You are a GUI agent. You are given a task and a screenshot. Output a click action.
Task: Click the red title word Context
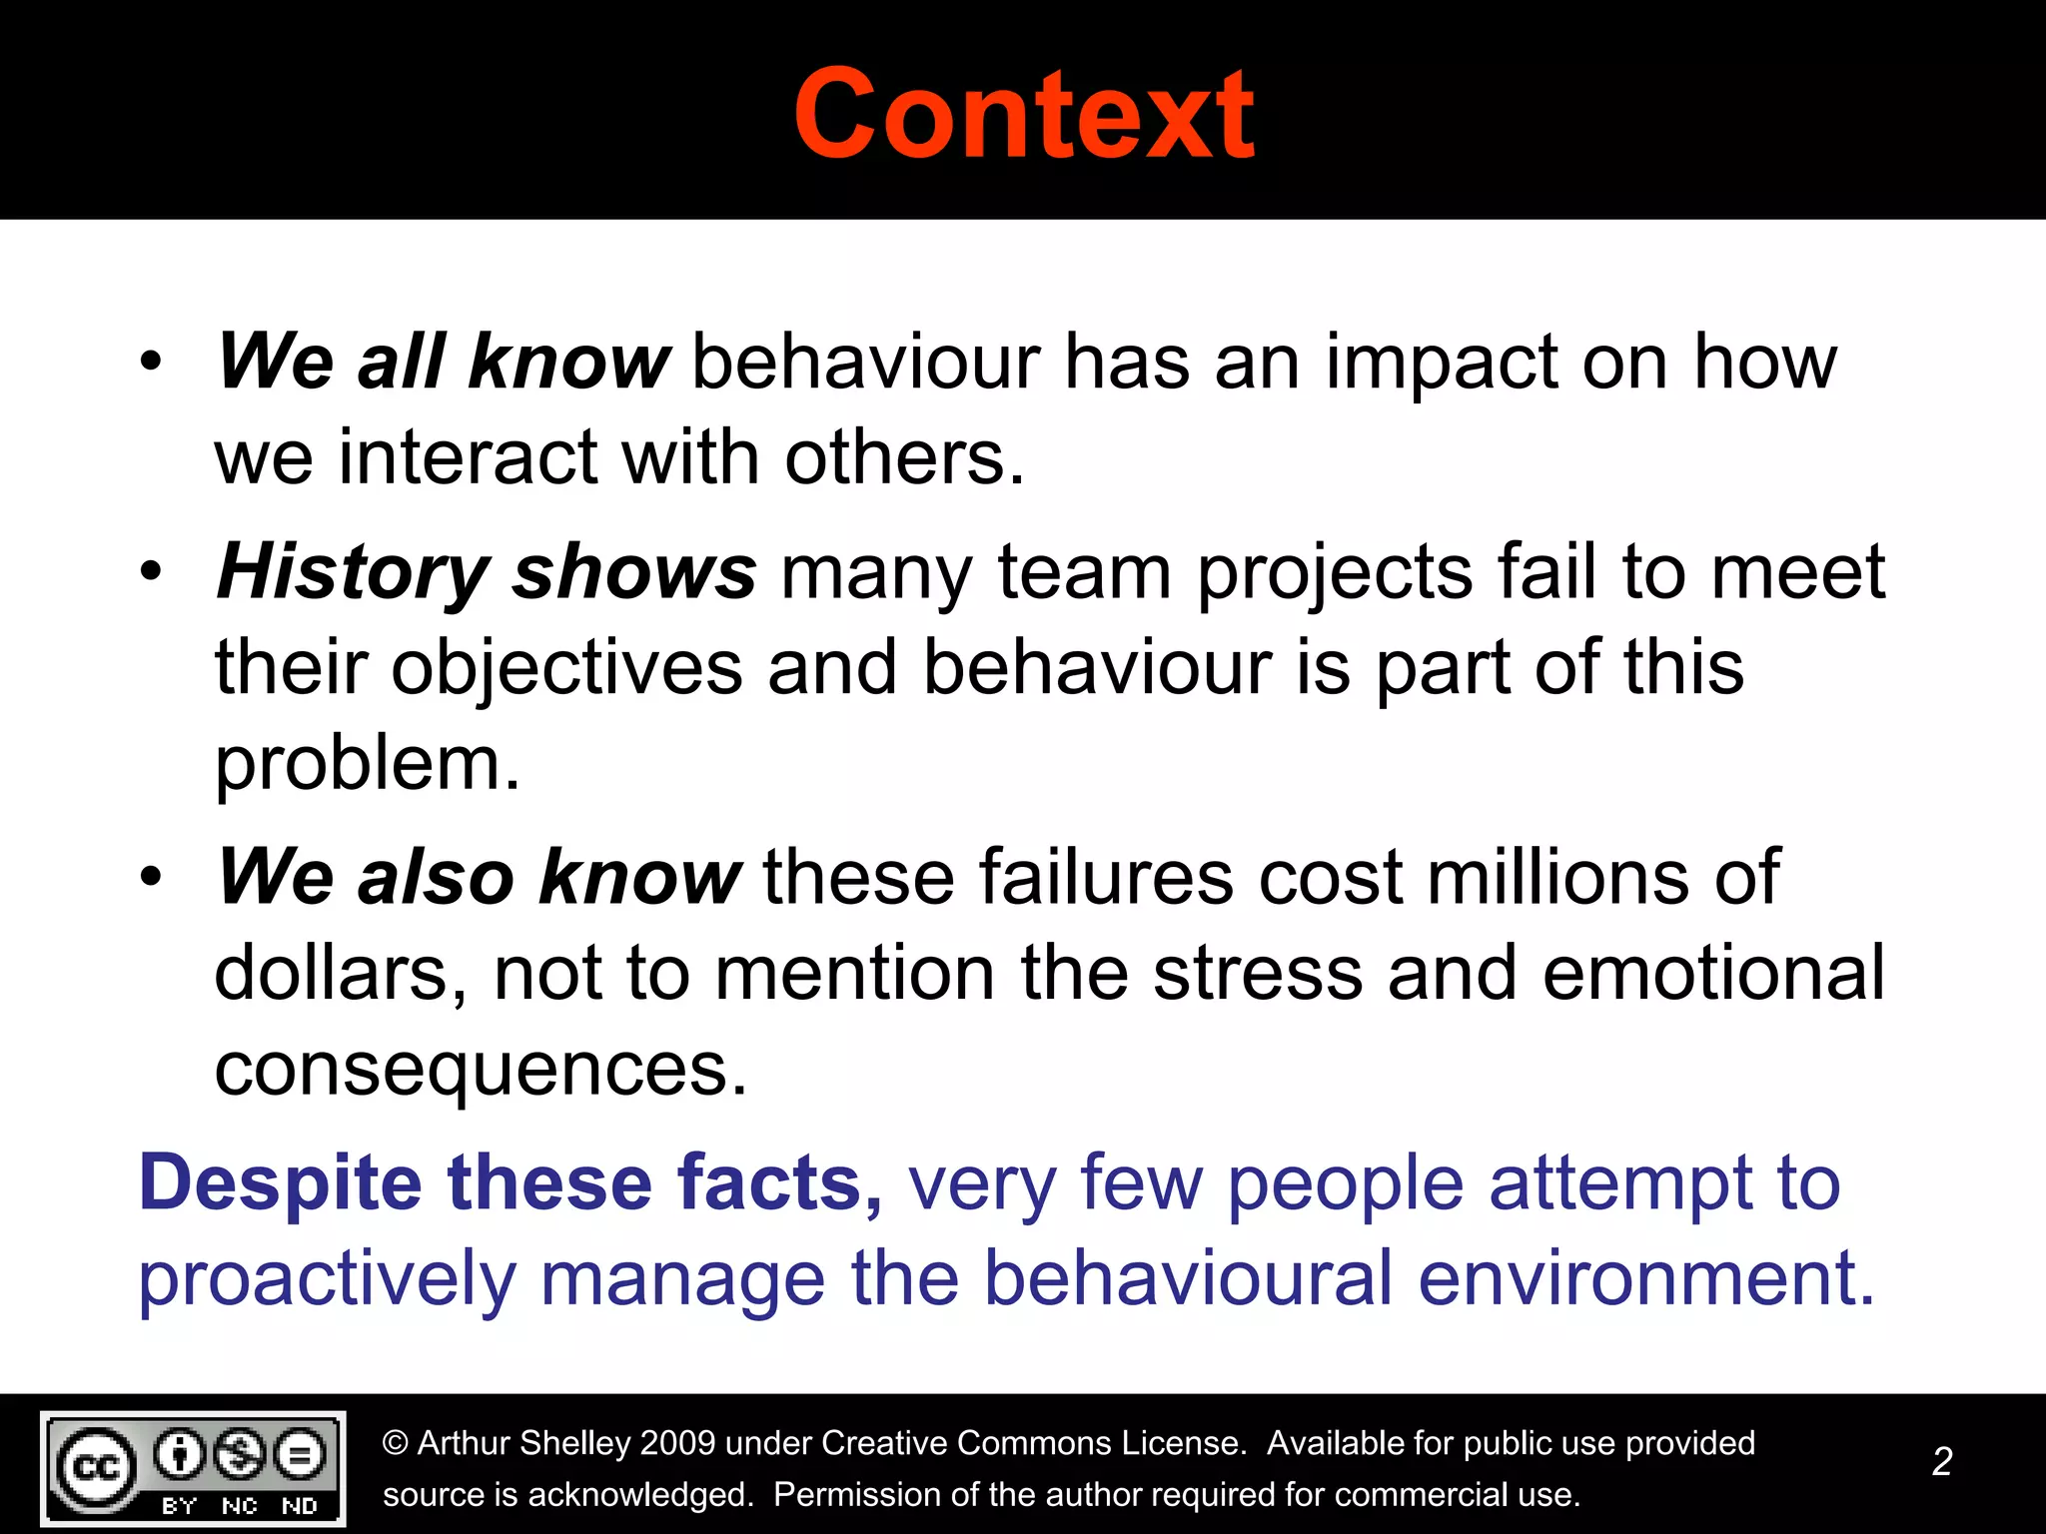coord(1023,114)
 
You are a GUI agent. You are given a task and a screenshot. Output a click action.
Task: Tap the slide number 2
coord(1942,1461)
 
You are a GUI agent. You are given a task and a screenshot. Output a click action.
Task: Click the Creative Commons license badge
coord(193,1468)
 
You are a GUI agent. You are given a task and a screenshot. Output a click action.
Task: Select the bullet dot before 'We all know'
coord(151,362)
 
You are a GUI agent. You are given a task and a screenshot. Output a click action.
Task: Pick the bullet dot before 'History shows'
coord(151,572)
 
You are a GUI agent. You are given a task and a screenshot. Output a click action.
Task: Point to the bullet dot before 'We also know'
coord(151,877)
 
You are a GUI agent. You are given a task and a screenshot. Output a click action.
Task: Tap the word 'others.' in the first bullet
coord(904,458)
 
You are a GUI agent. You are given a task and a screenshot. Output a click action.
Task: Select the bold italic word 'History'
coord(352,573)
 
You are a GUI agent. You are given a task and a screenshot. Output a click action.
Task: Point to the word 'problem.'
coord(368,765)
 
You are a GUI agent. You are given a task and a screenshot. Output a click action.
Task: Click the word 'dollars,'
coord(341,974)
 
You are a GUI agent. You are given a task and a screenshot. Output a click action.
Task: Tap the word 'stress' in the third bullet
coord(1258,974)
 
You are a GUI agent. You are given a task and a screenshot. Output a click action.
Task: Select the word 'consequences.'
coord(481,1071)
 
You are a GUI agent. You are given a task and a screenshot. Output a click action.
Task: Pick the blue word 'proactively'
coord(327,1280)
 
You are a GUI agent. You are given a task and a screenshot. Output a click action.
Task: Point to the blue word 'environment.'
coord(1646,1278)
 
